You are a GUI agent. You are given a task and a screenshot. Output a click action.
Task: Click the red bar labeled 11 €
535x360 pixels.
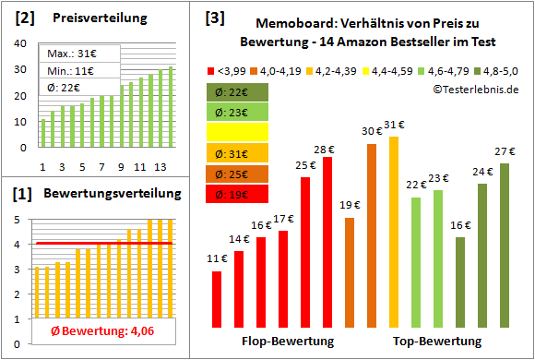pos(217,299)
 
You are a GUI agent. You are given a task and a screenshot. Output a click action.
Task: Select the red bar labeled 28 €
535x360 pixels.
pos(327,243)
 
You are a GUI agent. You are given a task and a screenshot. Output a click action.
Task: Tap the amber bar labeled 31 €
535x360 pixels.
pos(394,232)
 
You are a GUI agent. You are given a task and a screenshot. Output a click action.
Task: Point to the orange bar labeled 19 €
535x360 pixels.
pos(350,272)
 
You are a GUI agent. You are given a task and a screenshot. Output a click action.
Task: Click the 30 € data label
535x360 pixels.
pos(372,131)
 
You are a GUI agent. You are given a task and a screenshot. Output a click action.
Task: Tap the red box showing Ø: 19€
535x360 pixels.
pos(238,193)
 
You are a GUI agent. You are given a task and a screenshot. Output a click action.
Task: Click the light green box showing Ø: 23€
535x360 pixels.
pos(238,112)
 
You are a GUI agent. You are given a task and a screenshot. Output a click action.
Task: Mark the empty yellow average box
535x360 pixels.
pos(238,132)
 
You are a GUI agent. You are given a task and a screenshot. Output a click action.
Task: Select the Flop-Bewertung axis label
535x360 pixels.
pos(288,341)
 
